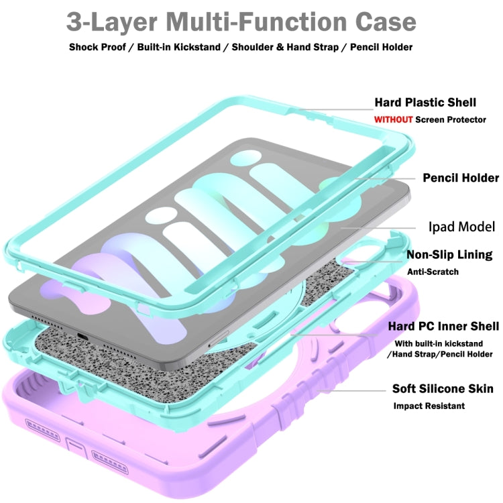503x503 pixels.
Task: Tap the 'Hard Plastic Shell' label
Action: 425,103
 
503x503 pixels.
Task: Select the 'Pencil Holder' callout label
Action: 460,178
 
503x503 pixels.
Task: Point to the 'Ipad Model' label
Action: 461,227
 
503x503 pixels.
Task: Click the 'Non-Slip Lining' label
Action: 449,255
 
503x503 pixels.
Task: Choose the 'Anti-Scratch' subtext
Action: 433,272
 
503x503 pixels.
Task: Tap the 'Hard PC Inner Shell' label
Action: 443,327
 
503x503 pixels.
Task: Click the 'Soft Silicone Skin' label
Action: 443,389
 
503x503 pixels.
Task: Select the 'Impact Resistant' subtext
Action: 429,406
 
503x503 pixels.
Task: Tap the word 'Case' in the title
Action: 380,22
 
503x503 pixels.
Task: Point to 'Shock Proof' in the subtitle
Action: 98,48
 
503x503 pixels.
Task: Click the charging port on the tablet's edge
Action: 82,335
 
